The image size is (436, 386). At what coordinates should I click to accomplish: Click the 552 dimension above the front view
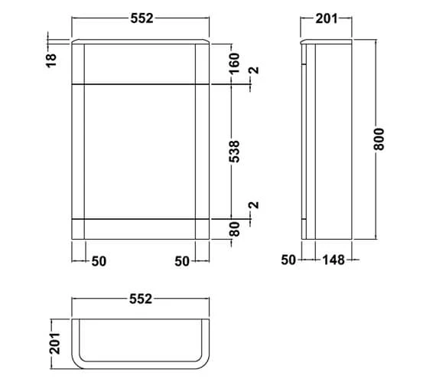[142, 18]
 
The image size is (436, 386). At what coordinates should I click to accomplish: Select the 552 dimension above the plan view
[141, 299]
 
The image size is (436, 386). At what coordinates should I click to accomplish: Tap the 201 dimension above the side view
[327, 18]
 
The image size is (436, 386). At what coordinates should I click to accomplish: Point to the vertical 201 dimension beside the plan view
[55, 343]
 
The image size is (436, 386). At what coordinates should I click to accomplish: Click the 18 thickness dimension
[51, 61]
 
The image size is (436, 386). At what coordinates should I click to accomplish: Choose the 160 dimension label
[234, 64]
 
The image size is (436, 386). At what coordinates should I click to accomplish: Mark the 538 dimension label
[234, 152]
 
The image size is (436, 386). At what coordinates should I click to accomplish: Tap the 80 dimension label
[235, 229]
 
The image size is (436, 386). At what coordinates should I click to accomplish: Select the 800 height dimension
[379, 139]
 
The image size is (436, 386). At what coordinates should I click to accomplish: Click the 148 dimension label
[334, 260]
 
